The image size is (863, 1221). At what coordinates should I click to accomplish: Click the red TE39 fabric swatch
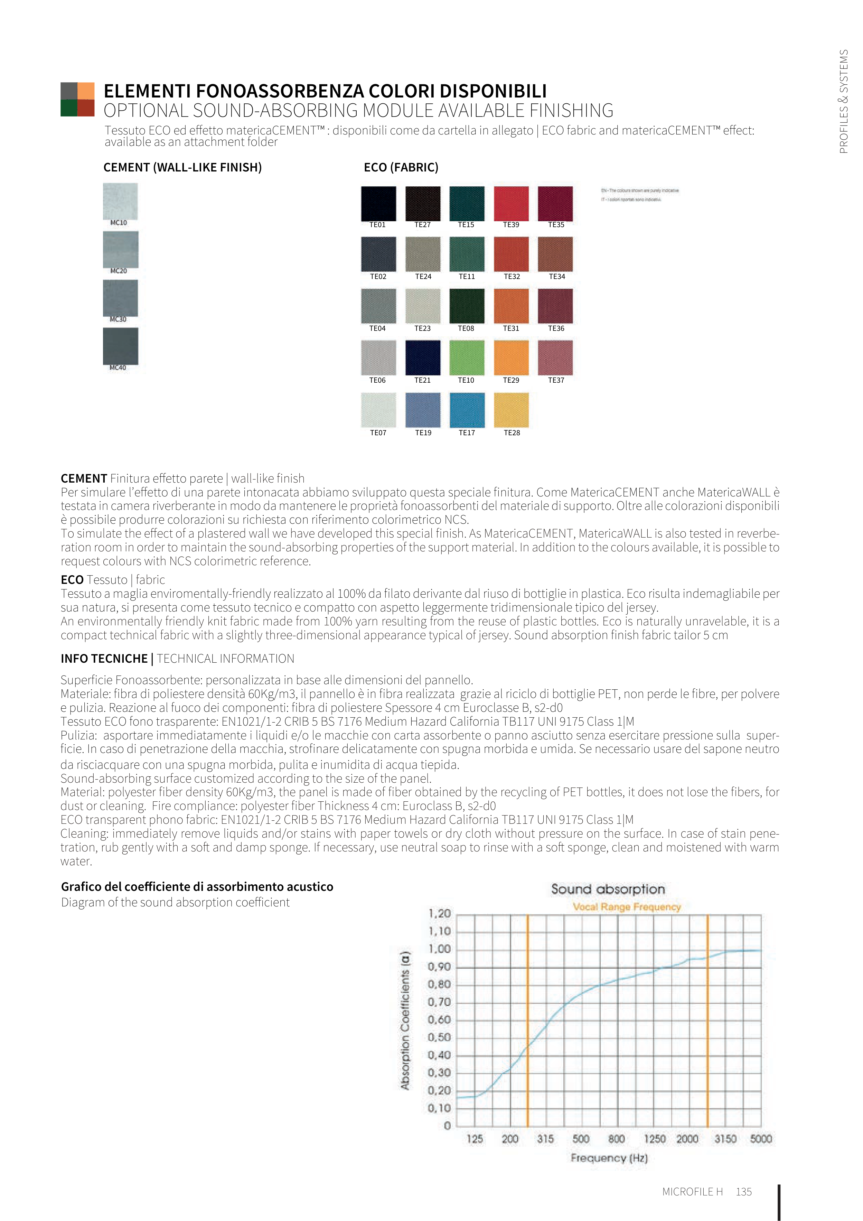511,203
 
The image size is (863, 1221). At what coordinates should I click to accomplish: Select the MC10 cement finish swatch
120,201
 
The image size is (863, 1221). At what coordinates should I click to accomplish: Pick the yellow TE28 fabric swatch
511,410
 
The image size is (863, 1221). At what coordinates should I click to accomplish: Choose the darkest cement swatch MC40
120,346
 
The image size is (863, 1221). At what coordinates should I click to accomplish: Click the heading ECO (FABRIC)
401,168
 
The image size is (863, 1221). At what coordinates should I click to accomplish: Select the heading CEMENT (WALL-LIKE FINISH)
182,168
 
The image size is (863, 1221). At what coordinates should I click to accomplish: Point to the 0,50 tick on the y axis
439,1037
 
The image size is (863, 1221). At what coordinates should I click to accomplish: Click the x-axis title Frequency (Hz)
609,1158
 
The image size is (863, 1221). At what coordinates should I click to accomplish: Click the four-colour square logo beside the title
78,100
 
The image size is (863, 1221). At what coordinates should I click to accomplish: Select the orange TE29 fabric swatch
511,358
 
